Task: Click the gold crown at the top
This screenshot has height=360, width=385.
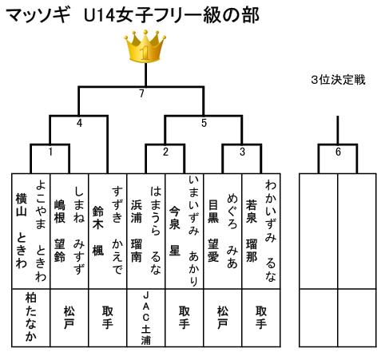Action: coord(145,46)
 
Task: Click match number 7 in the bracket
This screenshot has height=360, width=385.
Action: coord(141,93)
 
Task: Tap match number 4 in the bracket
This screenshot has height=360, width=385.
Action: coord(79,123)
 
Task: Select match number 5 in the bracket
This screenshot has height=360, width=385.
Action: coord(204,123)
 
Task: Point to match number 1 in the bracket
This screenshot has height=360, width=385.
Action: coord(50,152)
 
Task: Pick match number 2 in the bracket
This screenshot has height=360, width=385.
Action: coord(165,152)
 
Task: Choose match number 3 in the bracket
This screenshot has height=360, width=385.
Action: coord(242,152)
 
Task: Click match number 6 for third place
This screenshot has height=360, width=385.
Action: coord(338,152)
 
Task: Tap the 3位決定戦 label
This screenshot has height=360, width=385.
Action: coord(338,80)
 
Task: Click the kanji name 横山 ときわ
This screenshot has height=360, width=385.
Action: coord(22,231)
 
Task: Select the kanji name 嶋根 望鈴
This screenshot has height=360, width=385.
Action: coord(60,231)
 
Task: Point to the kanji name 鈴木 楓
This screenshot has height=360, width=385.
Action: coord(98,231)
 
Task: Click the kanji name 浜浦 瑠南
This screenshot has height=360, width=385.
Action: coord(137,231)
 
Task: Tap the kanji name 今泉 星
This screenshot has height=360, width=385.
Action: coord(175,231)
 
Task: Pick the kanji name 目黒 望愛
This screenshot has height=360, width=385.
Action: coord(213,231)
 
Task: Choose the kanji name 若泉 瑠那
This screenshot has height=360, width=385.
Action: coord(252,231)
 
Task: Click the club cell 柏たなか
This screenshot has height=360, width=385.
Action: coord(31,318)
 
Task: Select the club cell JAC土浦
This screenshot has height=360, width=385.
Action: coord(146,318)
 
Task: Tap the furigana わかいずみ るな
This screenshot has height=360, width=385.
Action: coord(271,231)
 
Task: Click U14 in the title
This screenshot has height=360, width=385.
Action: coord(100,15)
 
